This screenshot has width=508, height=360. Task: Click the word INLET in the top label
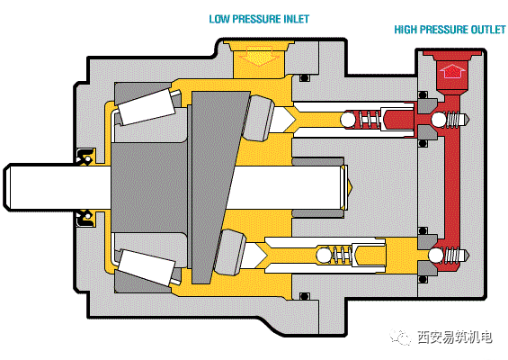(297, 19)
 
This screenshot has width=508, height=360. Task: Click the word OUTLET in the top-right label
(488, 30)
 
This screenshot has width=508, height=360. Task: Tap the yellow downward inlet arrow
(259, 55)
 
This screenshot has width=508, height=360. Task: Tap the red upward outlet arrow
(452, 71)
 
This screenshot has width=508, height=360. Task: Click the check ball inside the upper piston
(348, 119)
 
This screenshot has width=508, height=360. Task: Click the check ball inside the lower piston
(324, 256)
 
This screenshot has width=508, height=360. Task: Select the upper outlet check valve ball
(439, 120)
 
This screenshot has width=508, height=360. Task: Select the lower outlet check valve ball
(436, 256)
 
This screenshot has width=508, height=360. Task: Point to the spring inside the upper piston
(369, 120)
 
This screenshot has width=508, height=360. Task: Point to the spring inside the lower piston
(343, 256)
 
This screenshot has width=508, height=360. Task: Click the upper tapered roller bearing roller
(147, 107)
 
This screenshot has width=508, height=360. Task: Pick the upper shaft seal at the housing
(85, 156)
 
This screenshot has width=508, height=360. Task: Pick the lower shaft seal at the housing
(85, 219)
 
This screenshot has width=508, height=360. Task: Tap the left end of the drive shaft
(4, 187)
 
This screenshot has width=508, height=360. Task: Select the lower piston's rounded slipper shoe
(231, 252)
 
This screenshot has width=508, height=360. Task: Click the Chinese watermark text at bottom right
(455, 337)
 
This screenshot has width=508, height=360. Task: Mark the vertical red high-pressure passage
(453, 182)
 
